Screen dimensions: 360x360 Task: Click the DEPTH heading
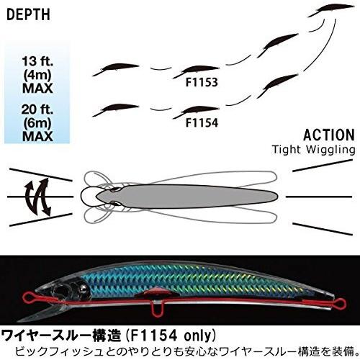[28, 15]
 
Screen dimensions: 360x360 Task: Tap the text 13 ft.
[37, 61]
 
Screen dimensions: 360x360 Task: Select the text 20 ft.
[37, 109]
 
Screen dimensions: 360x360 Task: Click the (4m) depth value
[37, 75]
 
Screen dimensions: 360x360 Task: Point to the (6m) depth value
[37, 123]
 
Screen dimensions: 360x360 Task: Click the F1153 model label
[202, 82]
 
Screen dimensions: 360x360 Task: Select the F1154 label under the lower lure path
[202, 122]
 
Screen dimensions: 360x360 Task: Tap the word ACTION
[329, 135]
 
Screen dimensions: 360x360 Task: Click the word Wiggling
[330, 150]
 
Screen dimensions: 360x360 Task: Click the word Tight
[287, 150]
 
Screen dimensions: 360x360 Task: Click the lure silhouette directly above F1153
[196, 71]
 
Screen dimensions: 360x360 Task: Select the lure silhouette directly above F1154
[196, 112]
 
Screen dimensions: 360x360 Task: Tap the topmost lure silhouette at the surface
[330, 11]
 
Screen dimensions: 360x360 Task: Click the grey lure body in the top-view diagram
[186, 197]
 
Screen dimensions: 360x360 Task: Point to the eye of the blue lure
[84, 287]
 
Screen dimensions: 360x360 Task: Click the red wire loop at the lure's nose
[30, 297]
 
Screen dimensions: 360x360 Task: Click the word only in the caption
[197, 336]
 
